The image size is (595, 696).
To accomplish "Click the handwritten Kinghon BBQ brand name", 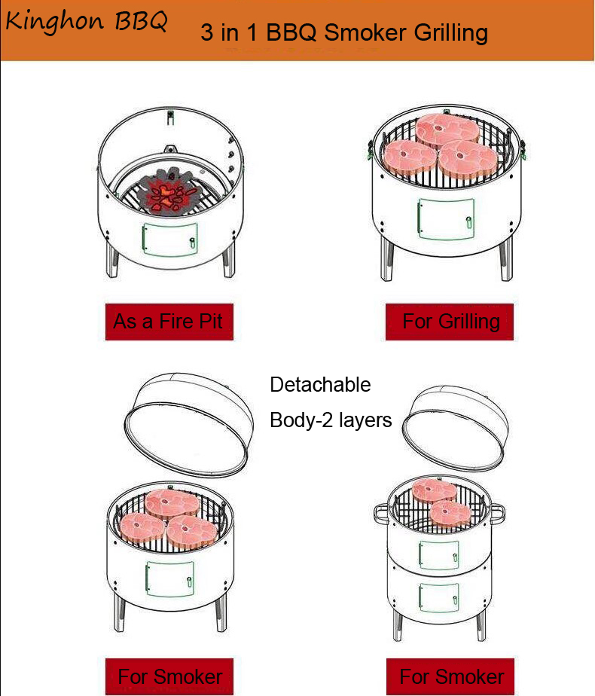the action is [87, 21].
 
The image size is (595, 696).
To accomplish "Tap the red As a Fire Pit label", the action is [169, 322].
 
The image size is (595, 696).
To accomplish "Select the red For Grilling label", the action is [450, 322].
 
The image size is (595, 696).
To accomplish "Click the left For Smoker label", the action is [169, 677].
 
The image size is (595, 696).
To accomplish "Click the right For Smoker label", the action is [450, 677].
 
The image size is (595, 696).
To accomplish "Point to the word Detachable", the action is [320, 384].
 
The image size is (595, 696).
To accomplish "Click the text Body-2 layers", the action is [331, 420].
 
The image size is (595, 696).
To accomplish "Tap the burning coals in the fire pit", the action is [169, 192].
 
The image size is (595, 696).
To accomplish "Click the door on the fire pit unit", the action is [170, 240].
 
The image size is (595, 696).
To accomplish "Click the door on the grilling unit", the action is [446, 219].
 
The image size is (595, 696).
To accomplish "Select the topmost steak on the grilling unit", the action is [447, 129].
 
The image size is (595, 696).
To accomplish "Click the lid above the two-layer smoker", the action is [455, 429].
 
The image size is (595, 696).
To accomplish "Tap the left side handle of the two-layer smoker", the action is [380, 514].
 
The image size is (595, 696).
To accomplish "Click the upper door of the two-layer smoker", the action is [439, 554].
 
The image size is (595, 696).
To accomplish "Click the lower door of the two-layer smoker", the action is [439, 597].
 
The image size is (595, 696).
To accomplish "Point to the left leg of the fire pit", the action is [112, 260].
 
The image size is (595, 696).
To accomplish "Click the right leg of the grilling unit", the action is [506, 260].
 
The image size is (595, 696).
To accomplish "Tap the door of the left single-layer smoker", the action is [170, 578].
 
